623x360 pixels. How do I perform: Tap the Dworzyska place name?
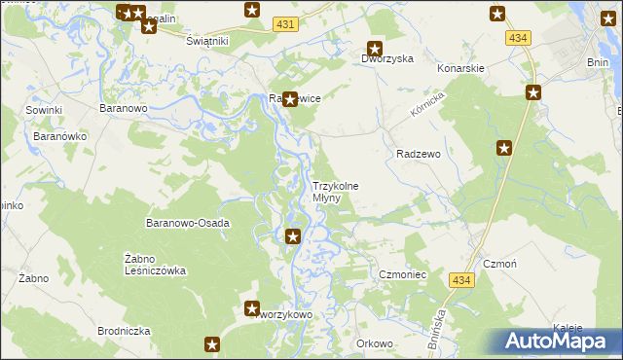[x=387, y=58]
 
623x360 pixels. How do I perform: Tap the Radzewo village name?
[x=420, y=154]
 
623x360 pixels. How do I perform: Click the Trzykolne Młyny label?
[x=335, y=192]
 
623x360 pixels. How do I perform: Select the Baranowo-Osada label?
[x=187, y=223]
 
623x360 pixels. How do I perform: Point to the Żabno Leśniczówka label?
[x=155, y=265]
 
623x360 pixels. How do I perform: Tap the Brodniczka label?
[x=124, y=331]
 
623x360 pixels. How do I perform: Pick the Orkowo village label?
[x=374, y=342]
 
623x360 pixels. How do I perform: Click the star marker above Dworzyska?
[x=374, y=49]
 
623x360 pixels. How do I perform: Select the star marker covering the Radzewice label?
[x=289, y=98]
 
